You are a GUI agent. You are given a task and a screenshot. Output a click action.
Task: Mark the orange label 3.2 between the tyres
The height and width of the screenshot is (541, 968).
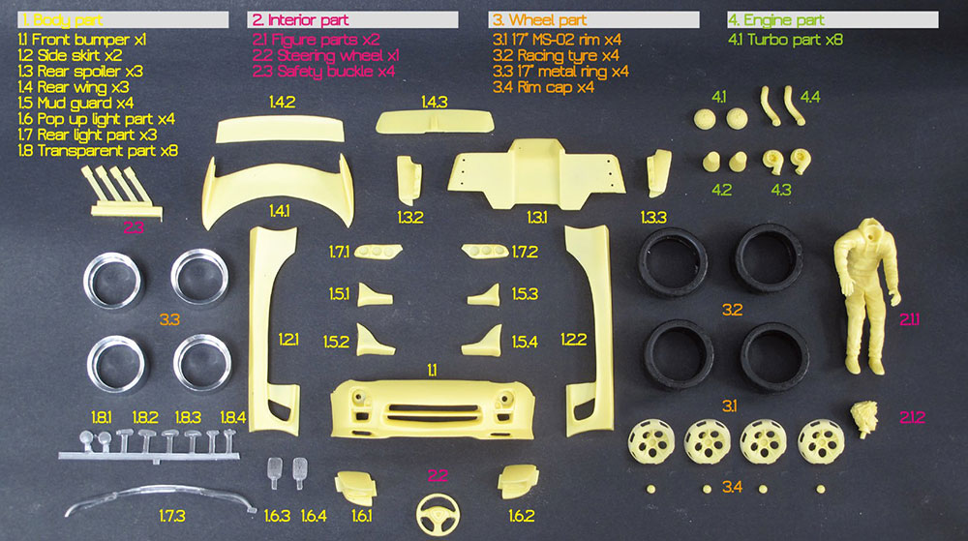click(733, 310)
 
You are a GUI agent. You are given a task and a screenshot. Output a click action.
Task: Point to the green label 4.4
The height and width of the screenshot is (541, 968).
click(810, 97)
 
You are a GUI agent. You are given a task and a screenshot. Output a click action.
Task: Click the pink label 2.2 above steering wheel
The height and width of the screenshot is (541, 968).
click(438, 476)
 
